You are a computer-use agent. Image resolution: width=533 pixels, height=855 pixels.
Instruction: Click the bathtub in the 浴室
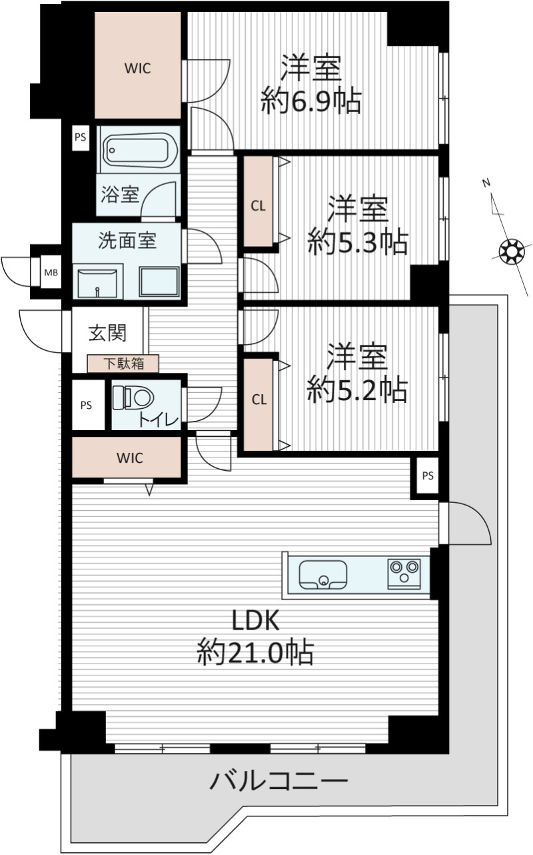coord(138,149)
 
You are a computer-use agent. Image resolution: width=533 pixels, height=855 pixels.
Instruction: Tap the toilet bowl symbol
coord(133,397)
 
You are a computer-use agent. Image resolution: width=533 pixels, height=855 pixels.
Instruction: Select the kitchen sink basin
coord(322,574)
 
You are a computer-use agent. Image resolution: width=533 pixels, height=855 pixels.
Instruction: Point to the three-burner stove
coord(404,573)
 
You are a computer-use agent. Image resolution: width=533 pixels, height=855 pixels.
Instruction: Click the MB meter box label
coord(51,273)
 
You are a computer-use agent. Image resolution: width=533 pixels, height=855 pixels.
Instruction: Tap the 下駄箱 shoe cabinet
coord(123,363)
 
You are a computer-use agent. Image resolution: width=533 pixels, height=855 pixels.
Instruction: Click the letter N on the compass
coord(486,183)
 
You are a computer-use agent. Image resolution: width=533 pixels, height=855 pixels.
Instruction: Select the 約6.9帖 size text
coord(310,101)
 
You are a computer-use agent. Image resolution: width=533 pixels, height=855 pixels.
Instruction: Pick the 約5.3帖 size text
coord(358,242)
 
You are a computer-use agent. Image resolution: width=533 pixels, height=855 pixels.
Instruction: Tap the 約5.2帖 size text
coord(358,389)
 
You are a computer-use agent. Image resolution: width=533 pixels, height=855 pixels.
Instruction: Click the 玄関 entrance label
coord(107,333)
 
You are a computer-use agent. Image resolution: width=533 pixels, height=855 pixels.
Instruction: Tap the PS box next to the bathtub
coord(81,137)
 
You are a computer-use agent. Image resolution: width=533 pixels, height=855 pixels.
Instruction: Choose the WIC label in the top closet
coord(138,69)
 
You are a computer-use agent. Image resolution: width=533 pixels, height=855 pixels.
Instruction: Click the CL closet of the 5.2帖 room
coord(258,404)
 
